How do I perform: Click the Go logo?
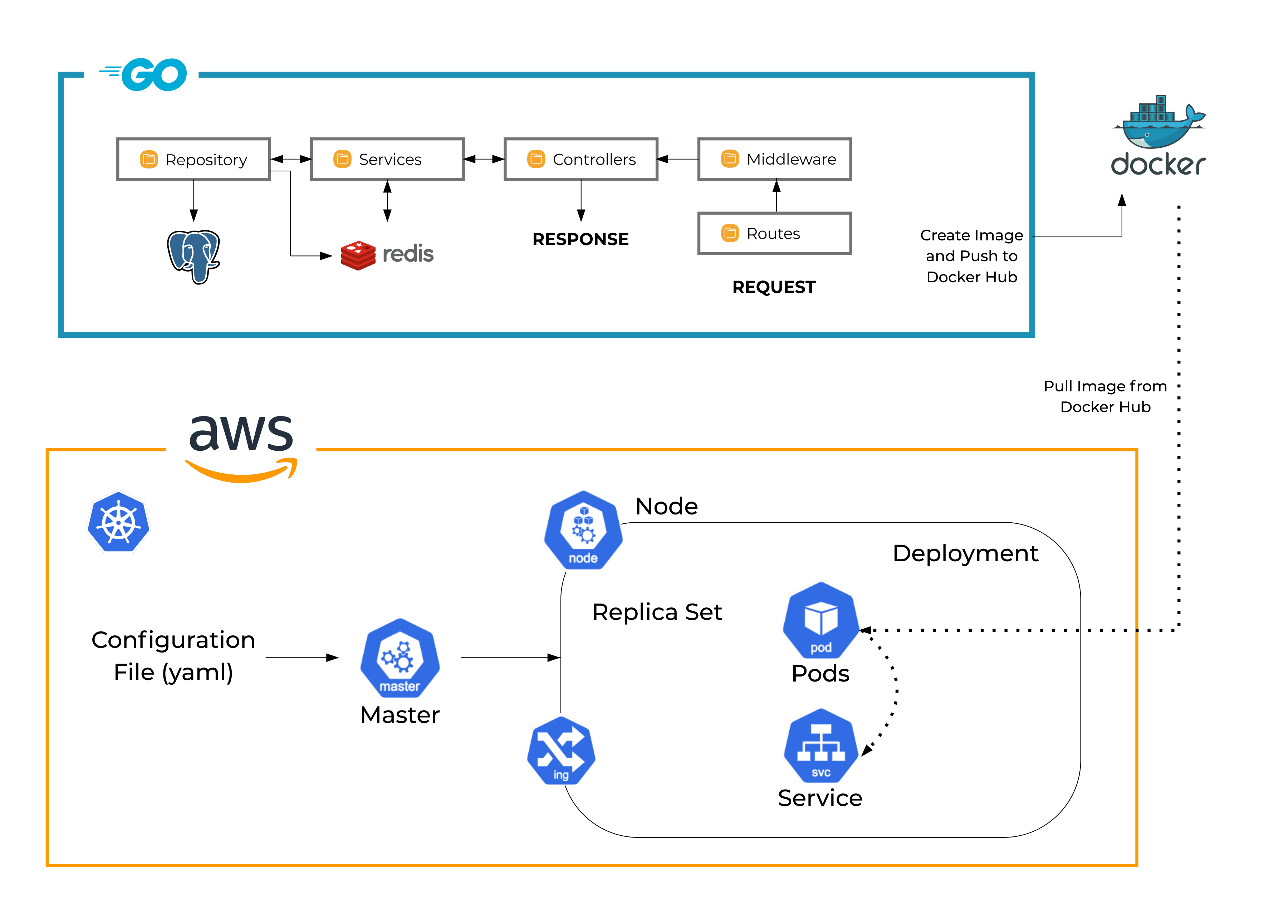point(143,74)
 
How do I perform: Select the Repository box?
point(193,160)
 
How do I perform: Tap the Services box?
point(387,160)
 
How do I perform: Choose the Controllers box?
point(581,160)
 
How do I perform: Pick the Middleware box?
point(775,160)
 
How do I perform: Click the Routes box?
point(775,233)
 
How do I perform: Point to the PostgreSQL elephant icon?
point(193,257)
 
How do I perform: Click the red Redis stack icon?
point(358,255)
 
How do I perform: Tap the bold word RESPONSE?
point(581,239)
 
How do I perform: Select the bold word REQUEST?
point(774,287)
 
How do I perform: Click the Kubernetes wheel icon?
point(119,522)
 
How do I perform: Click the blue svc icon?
point(821,746)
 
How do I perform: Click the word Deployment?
point(965,553)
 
